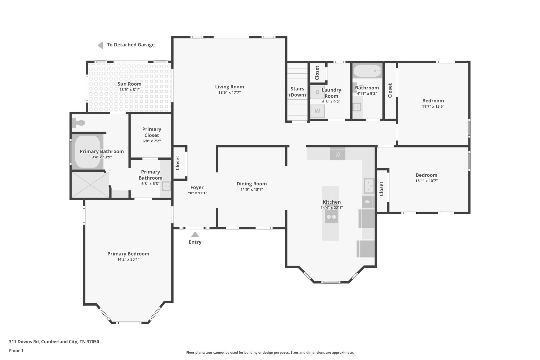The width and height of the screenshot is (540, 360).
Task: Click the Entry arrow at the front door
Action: (x=195, y=234)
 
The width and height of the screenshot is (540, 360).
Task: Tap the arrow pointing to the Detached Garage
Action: (x=100, y=45)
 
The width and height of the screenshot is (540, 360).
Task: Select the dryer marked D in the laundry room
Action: (x=317, y=92)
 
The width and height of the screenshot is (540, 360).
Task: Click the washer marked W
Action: (x=317, y=111)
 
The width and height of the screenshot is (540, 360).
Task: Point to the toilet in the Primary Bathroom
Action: (x=79, y=122)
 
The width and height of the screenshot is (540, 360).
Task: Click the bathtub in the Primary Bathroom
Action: (x=88, y=152)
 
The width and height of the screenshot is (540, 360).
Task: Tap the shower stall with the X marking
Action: (x=90, y=185)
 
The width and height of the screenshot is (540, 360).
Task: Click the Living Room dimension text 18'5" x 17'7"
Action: (x=229, y=93)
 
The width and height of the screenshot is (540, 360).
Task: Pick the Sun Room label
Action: (x=129, y=84)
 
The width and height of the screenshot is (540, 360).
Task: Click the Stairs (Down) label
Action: (x=297, y=92)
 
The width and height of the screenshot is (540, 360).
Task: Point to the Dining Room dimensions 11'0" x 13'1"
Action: (x=252, y=189)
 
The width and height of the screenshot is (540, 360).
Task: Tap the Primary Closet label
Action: (x=152, y=132)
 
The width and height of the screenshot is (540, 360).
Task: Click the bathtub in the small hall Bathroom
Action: (x=367, y=71)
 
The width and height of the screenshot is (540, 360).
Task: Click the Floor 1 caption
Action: (x=16, y=351)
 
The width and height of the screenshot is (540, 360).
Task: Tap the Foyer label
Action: (x=197, y=187)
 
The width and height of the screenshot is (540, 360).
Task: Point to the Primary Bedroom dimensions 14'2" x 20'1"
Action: (x=128, y=260)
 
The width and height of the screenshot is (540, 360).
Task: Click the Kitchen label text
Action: (x=332, y=202)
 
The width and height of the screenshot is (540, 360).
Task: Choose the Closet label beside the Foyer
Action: (x=177, y=163)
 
